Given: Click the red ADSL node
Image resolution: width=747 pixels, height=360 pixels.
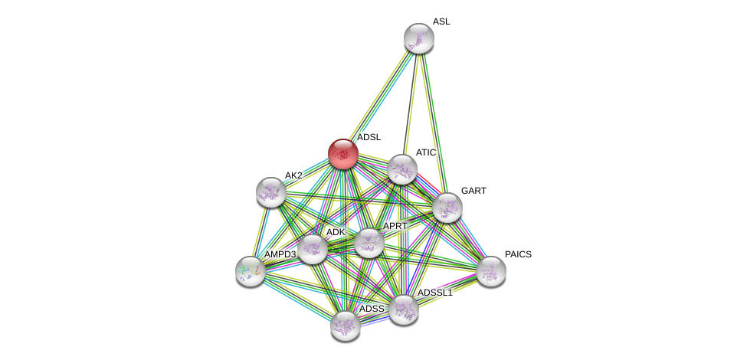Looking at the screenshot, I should click(x=342, y=154).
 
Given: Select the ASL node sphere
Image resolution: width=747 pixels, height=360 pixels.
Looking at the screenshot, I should click(x=418, y=38).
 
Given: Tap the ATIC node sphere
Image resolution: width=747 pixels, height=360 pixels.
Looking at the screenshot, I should click(x=401, y=169).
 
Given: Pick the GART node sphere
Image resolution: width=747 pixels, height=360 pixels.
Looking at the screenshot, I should click(x=447, y=207).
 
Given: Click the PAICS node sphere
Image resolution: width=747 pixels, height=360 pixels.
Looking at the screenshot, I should click(x=490, y=270).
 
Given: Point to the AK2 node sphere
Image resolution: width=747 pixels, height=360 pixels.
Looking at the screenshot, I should click(x=270, y=191).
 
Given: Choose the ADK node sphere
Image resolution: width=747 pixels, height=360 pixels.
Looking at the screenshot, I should click(x=313, y=248).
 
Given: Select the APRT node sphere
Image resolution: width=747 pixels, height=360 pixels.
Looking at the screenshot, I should click(x=369, y=243).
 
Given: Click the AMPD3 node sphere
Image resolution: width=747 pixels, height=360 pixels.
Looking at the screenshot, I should click(x=250, y=270).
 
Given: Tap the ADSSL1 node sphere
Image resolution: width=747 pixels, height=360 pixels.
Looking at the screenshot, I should click(x=403, y=309).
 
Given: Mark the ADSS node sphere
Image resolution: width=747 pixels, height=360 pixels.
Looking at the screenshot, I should click(x=345, y=325).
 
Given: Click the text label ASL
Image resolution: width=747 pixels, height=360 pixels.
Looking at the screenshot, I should click(x=441, y=21).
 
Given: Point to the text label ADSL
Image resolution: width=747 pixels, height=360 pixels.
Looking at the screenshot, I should click(x=369, y=137).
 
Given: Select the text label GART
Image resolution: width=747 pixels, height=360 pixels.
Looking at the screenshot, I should click(x=473, y=191).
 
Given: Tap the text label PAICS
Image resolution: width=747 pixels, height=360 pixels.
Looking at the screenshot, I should click(x=518, y=254).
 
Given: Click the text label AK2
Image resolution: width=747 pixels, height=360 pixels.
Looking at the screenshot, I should click(x=293, y=175).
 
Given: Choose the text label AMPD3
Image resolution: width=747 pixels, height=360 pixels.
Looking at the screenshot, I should click(x=280, y=254).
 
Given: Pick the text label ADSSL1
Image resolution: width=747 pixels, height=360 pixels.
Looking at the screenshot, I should click(x=434, y=293).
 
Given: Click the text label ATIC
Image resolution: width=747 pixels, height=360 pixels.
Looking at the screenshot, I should click(x=425, y=152).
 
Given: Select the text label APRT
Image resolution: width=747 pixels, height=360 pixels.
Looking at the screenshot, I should click(x=395, y=226).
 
